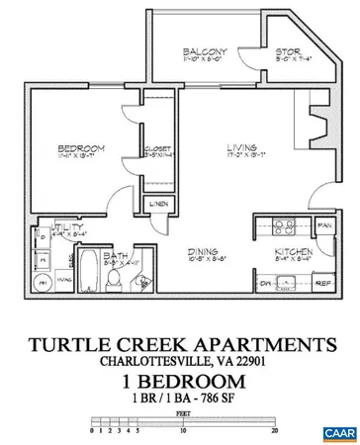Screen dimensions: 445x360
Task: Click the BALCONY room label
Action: tap(205, 52)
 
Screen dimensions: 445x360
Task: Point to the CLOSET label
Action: tap(156, 149)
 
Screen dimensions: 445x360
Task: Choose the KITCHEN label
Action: tap(295, 253)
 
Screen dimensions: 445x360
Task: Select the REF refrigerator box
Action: tap(323, 283)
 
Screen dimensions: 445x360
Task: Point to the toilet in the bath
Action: tap(115, 280)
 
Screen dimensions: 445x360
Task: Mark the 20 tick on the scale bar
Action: tap(274, 431)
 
